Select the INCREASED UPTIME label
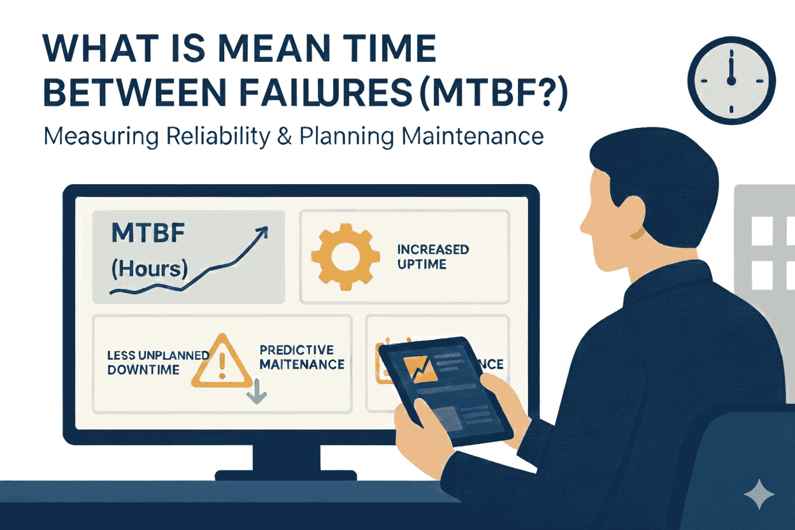tap(433, 256)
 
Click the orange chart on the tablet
tap(420, 369)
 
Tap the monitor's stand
tap(285, 460)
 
